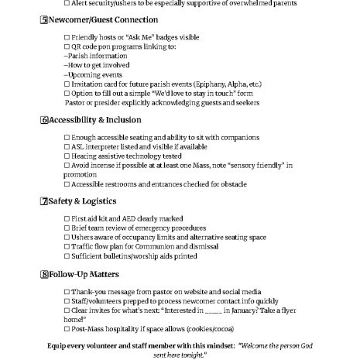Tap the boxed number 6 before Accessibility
point(43,120)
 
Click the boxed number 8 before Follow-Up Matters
point(43,274)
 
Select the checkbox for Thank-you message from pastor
point(67,291)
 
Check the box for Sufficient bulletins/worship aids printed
point(67,255)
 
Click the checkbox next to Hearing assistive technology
point(67,156)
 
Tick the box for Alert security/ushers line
point(67,3)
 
